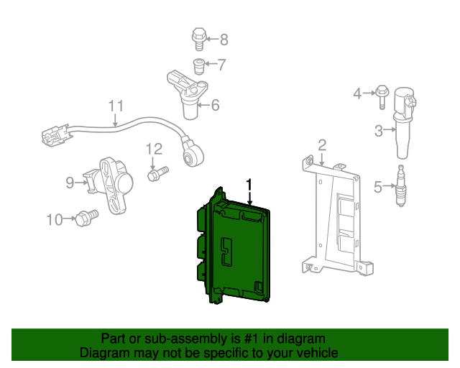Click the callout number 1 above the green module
(x=249, y=184)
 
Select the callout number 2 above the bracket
(x=322, y=144)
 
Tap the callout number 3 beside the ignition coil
(x=379, y=130)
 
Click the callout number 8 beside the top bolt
(x=224, y=40)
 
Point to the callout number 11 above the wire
(x=116, y=106)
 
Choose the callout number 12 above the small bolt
(x=154, y=149)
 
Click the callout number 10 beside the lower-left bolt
(x=55, y=219)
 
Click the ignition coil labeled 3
(x=404, y=122)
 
